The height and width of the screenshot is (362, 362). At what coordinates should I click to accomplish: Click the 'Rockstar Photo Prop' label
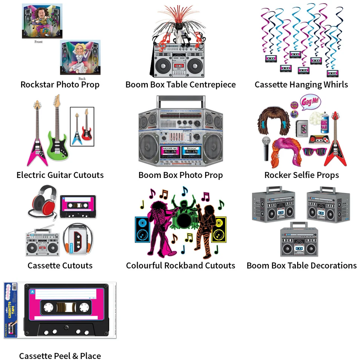click(60, 84)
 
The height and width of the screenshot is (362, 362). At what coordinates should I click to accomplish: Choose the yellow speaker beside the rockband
click(219, 229)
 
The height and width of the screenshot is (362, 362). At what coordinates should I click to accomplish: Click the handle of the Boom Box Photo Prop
click(181, 102)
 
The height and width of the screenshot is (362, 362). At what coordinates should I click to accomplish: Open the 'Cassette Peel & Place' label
click(60, 356)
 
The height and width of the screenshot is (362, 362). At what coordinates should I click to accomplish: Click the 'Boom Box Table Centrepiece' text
click(181, 84)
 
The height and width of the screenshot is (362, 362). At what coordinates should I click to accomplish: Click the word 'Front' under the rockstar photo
click(38, 42)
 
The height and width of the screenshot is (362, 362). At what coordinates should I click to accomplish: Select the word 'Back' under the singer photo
click(82, 78)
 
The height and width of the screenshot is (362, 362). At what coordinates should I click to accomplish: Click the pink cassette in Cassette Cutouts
click(78, 206)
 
